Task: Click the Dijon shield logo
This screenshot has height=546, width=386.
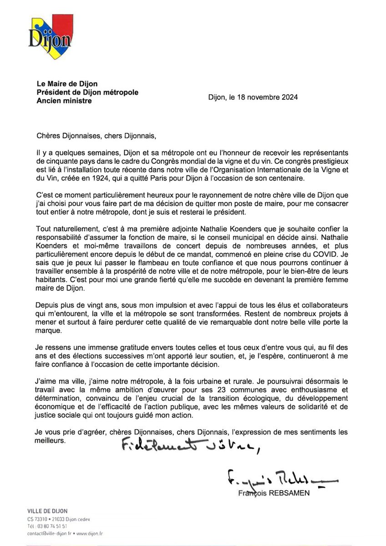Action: (x=49, y=34)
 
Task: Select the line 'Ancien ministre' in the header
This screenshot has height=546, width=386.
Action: (x=64, y=101)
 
